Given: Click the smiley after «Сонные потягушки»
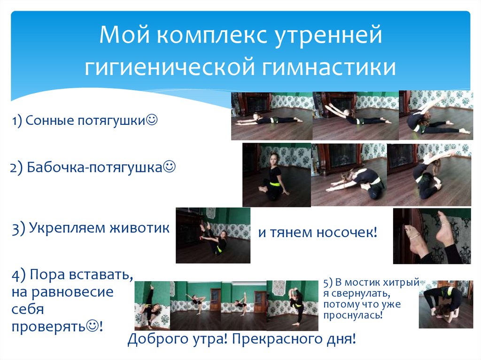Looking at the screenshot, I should click(x=152, y=120).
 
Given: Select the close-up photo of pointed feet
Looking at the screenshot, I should click(x=432, y=236).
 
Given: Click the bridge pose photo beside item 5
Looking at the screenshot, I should click(x=446, y=304).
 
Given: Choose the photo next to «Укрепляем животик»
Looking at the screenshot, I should click(x=213, y=235).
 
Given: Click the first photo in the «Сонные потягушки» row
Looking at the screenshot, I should click(x=272, y=116).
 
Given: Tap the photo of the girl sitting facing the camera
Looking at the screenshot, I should click(x=276, y=175).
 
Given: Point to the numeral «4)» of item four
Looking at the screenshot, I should click(x=20, y=275).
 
